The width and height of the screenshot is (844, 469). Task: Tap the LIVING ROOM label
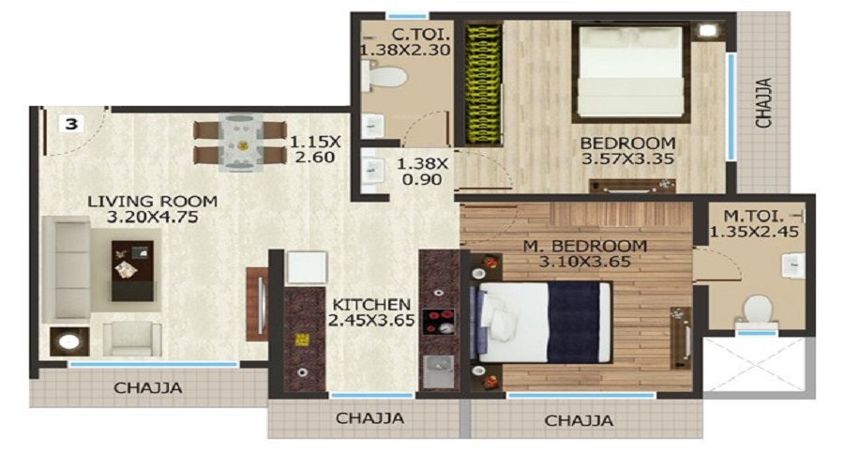(153, 202)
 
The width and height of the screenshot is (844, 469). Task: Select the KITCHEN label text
(369, 305)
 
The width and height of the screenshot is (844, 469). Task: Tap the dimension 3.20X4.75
(153, 219)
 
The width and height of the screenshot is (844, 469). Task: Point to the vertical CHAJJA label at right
(764, 102)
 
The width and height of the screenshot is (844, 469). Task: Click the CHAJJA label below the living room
(148, 387)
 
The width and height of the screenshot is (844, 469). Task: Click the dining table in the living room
(238, 144)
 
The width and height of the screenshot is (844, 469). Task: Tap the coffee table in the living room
(132, 269)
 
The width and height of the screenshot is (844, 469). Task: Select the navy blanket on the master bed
(573, 320)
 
